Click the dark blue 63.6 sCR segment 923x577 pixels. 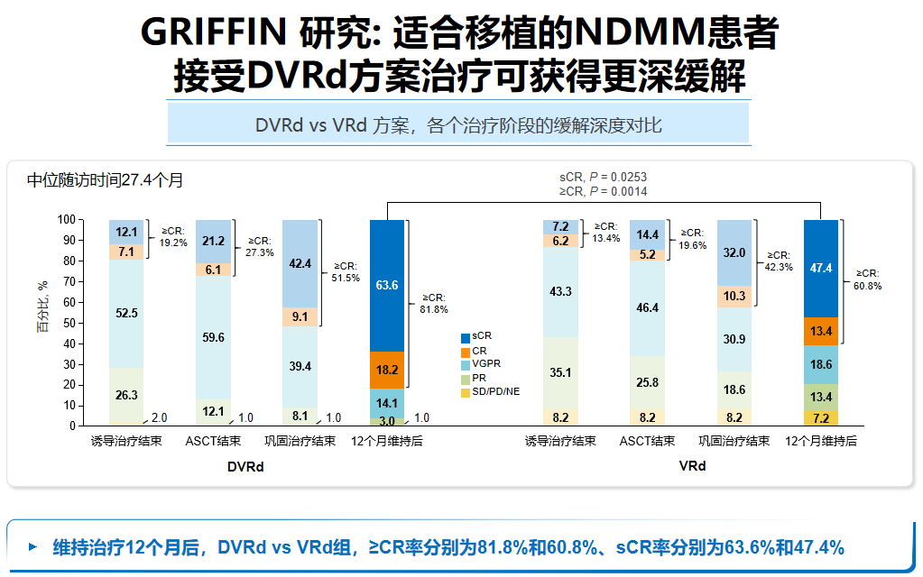tap(387, 285)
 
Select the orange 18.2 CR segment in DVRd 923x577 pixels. tap(387, 370)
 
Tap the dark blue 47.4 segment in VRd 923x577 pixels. tap(820, 268)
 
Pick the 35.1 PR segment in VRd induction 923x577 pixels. tap(560, 371)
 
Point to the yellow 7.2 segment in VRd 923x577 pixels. tap(820, 418)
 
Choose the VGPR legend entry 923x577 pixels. tap(485, 364)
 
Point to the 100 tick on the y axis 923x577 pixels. tap(69, 220)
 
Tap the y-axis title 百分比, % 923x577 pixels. tap(42, 307)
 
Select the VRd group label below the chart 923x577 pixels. tap(692, 466)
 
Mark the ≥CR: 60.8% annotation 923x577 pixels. tap(867, 279)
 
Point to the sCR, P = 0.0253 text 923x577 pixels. tap(603, 177)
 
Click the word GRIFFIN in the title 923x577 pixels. tap(213, 34)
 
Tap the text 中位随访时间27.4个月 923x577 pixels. tap(106, 180)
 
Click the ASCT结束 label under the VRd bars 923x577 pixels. tap(647, 442)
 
